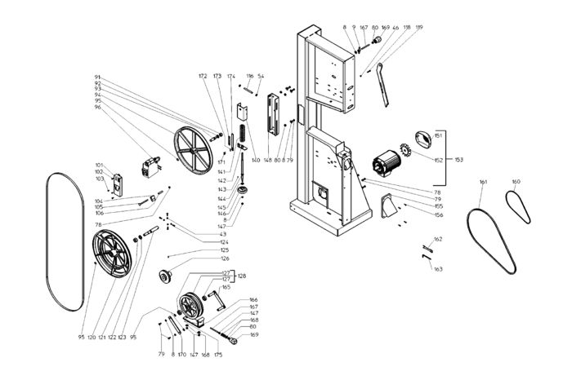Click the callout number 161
tap(483, 181)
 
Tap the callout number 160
tap(516, 181)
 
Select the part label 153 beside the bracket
tap(458, 160)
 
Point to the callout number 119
tap(419, 28)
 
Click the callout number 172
tap(203, 76)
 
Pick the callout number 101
tap(99, 165)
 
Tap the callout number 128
tap(241, 276)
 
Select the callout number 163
tap(438, 268)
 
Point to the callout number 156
tap(439, 215)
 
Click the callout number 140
tap(256, 160)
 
